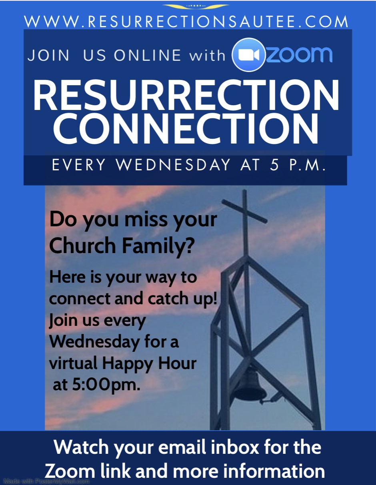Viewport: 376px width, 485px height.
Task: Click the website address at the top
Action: pyautogui.click(x=186, y=22)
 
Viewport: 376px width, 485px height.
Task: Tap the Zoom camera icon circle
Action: pyautogui.click(x=249, y=55)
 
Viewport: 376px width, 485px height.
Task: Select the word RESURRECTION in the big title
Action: pyautogui.click(x=186, y=95)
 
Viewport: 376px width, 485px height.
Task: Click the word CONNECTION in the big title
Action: pyautogui.click(x=186, y=129)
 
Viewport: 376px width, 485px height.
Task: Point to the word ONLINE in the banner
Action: pyautogui.click(x=148, y=55)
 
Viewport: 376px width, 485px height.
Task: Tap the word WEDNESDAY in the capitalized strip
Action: pyautogui.click(x=173, y=165)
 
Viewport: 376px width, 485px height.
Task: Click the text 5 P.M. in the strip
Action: pyautogui.click(x=297, y=165)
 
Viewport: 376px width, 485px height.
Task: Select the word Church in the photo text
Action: pyautogui.click(x=82, y=246)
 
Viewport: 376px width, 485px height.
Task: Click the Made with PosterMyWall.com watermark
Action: pyautogui.click(x=47, y=481)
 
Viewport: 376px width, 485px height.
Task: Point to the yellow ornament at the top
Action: pyautogui.click(x=195, y=6)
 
